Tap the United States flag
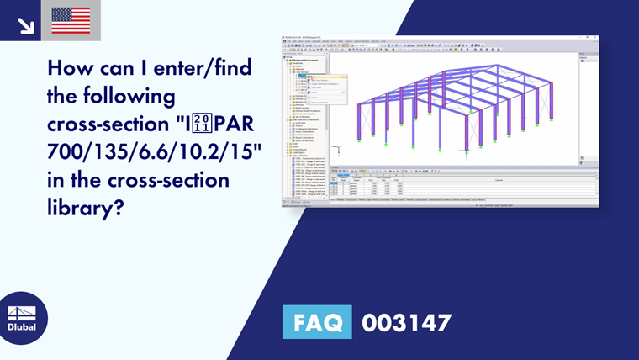pyautogui.click(x=71, y=20)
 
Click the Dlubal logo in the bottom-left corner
pyautogui.click(x=23, y=317)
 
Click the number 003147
pyautogui.click(x=407, y=322)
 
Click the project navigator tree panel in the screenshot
pyautogui.click(x=304, y=118)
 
